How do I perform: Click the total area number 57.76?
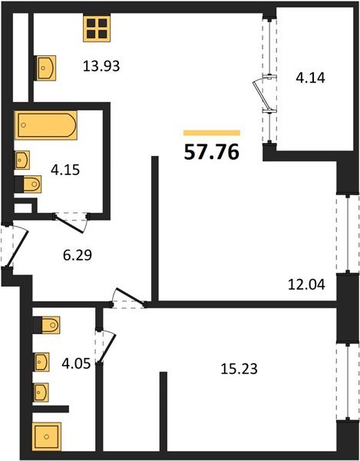click(211, 151)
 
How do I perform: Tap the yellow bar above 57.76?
click(211, 132)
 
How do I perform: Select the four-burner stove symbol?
click(97, 29)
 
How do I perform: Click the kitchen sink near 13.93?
click(45, 67)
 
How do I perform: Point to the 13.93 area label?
click(103, 67)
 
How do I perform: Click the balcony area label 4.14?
click(311, 77)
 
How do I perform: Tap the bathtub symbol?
click(45, 124)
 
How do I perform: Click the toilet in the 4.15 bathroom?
click(28, 184)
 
